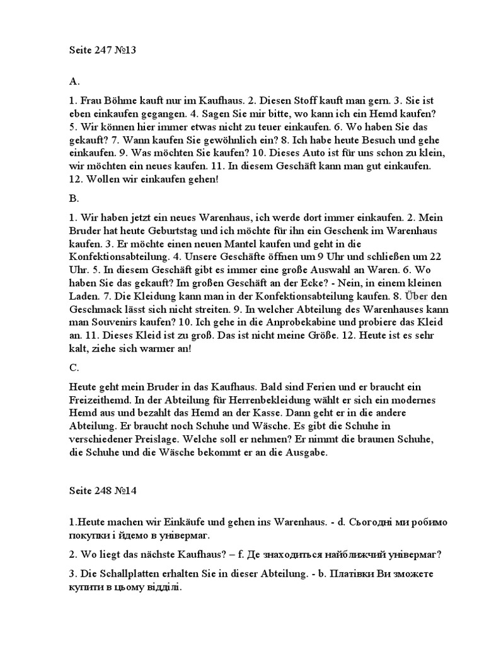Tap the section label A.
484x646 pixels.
click(x=74, y=81)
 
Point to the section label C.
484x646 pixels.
click(x=74, y=367)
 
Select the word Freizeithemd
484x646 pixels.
click(x=100, y=399)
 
